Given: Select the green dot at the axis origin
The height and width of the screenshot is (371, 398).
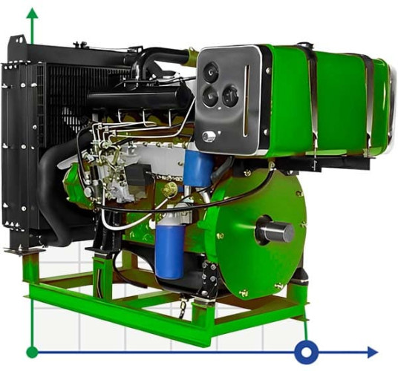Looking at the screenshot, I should point(31,352).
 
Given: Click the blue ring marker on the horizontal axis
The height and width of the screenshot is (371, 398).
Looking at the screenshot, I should point(305,351).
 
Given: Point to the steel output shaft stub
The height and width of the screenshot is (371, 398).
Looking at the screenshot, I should point(276,232).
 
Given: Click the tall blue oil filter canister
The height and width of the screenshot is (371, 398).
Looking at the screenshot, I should point(169,247).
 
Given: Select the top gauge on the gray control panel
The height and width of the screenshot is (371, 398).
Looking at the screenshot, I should point(212,72).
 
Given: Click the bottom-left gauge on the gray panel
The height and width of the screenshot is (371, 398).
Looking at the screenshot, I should point(210,96).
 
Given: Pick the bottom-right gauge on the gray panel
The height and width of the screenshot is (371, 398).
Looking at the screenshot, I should point(231,95).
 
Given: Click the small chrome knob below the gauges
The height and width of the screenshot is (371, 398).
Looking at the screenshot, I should point(210,136).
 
